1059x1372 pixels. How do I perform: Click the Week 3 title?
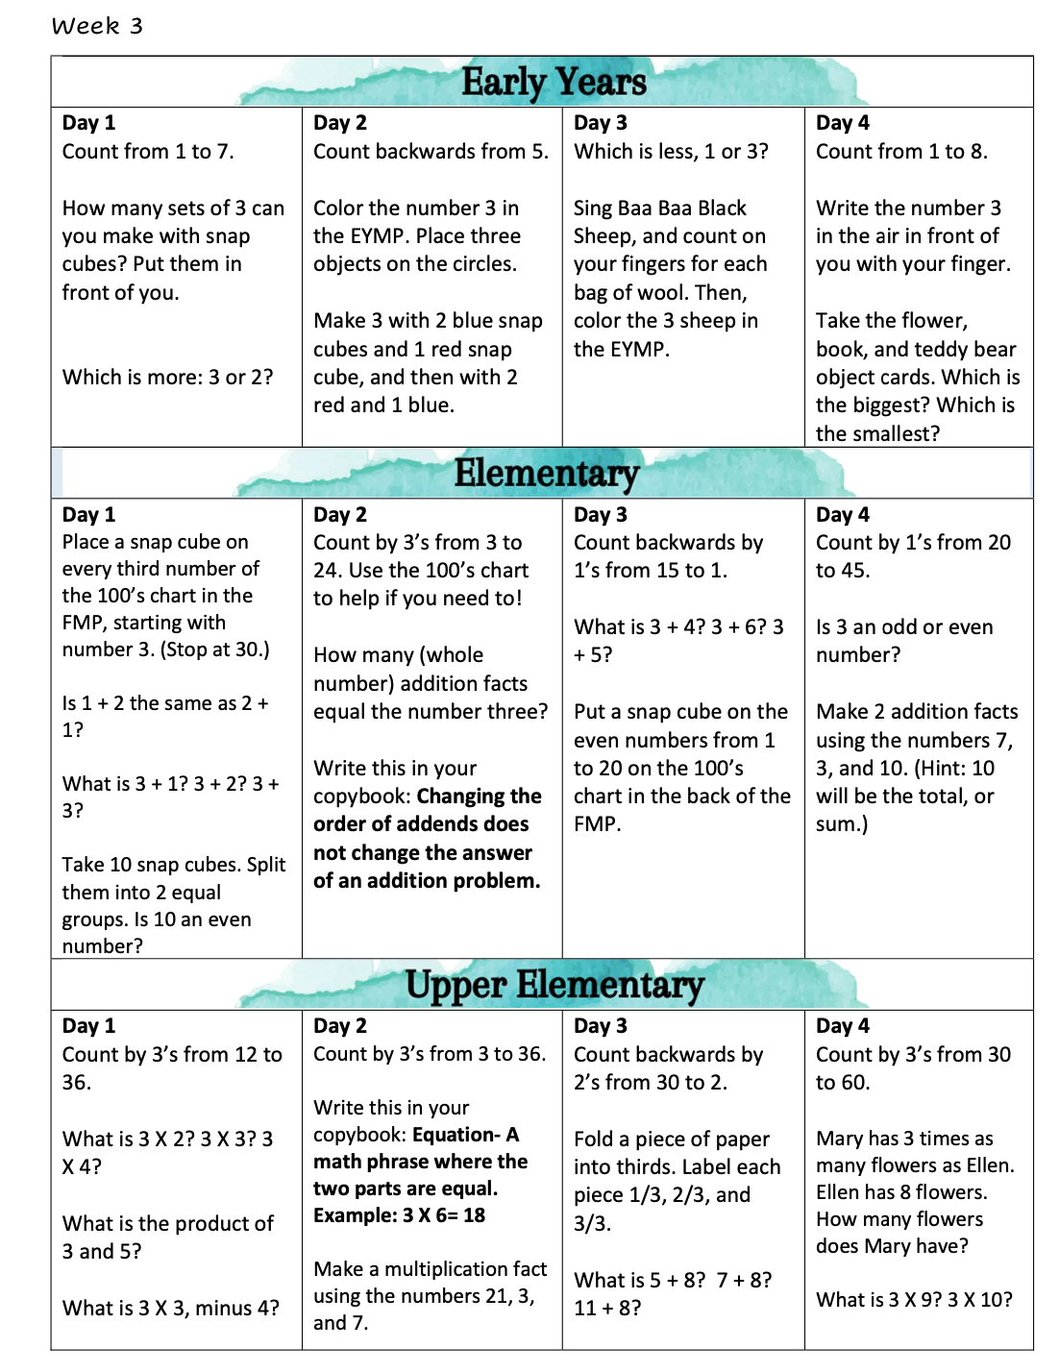[x=97, y=26]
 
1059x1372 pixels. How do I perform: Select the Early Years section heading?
[x=554, y=83]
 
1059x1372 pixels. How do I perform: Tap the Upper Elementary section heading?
[x=554, y=985]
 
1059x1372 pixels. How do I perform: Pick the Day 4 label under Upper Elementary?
[x=842, y=1026]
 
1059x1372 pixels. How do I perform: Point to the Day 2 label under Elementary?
[x=339, y=515]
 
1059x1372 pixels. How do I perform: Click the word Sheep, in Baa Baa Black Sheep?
[x=603, y=236]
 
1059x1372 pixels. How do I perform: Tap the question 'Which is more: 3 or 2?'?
[x=167, y=378]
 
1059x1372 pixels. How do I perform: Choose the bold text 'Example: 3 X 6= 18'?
[x=399, y=1215]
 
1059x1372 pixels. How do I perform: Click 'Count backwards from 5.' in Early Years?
[x=431, y=152]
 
